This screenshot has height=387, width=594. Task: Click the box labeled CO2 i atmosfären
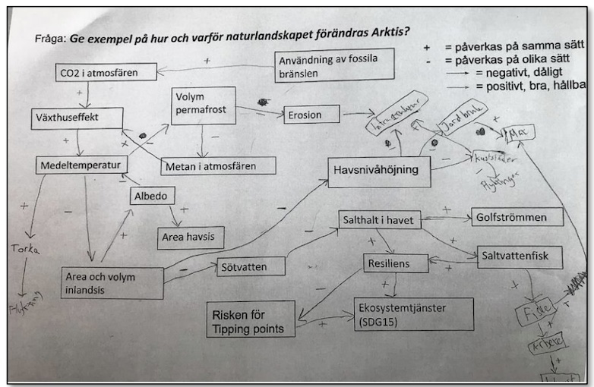point(106,73)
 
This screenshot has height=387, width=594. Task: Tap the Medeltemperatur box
point(81,165)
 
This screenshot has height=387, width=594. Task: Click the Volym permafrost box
point(203,105)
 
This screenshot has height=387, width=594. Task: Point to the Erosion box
point(312,115)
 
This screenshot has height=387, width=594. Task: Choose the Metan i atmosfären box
point(217,165)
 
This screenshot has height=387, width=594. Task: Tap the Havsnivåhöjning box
point(379,171)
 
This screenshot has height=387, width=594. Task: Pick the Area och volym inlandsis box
point(112,282)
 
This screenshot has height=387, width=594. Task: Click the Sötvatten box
point(250,266)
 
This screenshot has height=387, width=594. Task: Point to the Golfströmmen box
point(517,216)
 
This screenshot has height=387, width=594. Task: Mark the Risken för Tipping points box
point(250,319)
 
